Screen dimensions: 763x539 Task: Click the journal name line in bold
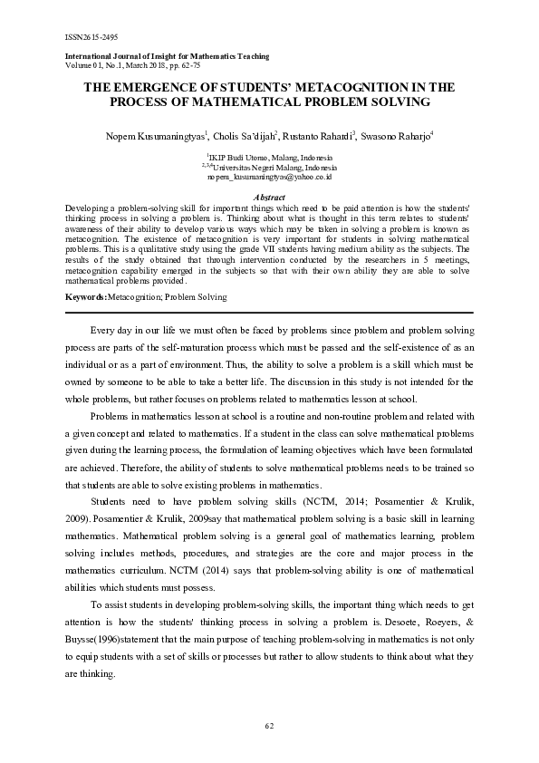tap(168, 56)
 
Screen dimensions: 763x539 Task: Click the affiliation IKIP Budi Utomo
tap(270, 158)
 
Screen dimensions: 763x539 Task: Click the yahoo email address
tap(269, 178)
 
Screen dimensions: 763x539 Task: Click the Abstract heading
tap(269, 197)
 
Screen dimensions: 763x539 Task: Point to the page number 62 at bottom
tap(269, 726)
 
